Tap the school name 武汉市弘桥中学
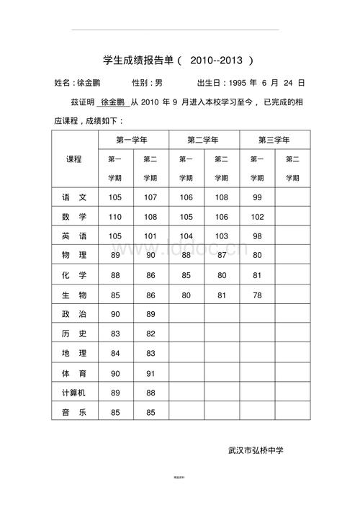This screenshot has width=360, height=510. [x=256, y=450]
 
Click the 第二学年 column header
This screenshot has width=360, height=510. [x=204, y=140]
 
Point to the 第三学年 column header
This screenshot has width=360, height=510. [x=274, y=140]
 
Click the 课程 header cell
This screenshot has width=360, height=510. [x=74, y=158]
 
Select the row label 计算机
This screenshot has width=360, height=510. [x=74, y=393]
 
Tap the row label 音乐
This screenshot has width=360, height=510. [x=74, y=412]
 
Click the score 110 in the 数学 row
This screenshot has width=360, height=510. [x=115, y=217]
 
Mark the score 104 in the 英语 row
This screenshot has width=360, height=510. [x=186, y=236]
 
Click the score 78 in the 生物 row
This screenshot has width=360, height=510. [x=257, y=295]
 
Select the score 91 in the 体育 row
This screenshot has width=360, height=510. [x=150, y=373]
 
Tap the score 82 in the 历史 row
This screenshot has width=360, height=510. [x=150, y=334]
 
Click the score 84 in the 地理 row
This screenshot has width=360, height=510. [x=115, y=354]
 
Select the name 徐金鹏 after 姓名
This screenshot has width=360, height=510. [x=88, y=83]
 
